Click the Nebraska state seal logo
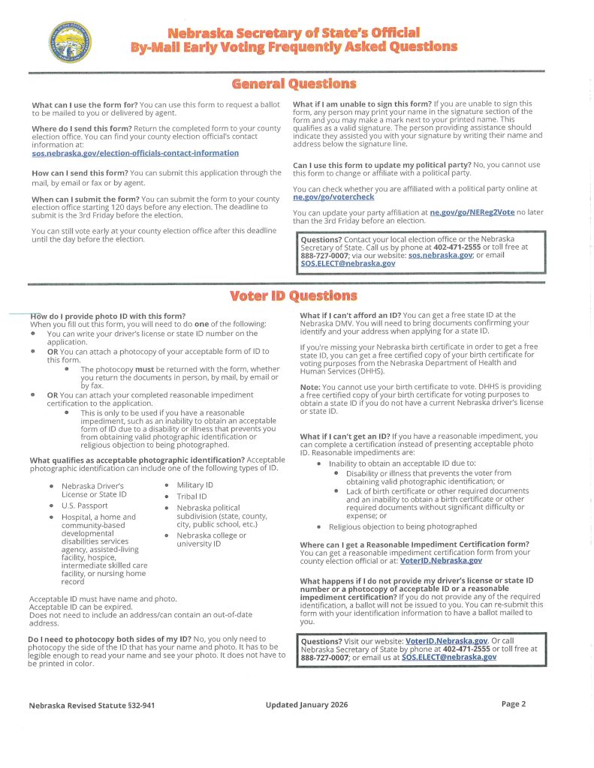(71, 41)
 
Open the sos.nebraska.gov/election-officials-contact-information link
(135, 154)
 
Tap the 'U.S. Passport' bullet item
(85, 505)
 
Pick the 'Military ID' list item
(195, 485)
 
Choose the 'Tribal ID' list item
(191, 496)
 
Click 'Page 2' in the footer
(514, 703)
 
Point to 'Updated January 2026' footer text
(306, 705)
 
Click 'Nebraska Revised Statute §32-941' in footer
(93, 706)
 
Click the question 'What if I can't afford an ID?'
(350, 315)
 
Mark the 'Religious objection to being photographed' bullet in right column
(403, 526)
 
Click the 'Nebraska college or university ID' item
(211, 539)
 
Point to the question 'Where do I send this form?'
(83, 128)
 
